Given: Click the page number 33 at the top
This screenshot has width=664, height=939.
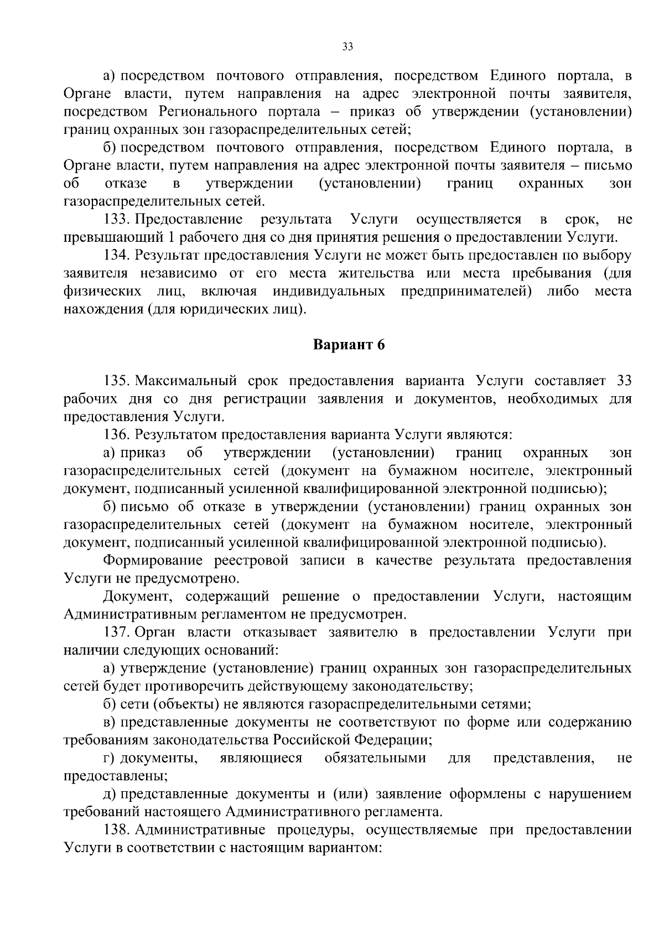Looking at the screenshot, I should [348, 47].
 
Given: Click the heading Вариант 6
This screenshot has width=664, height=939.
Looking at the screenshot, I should [349, 345].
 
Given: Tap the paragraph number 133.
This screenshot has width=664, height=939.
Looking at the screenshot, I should [116, 220].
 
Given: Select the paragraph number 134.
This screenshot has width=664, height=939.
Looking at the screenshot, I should [116, 256].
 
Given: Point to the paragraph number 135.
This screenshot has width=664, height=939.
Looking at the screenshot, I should [116, 381].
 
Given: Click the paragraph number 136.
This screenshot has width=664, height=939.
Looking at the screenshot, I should [116, 435].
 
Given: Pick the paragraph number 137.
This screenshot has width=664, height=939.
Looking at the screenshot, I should [116, 632].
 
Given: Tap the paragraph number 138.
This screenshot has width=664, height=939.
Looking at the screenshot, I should [116, 830].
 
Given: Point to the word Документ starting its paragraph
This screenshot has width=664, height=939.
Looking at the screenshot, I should [138, 596].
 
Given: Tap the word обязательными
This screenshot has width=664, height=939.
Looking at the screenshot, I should [375, 758].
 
